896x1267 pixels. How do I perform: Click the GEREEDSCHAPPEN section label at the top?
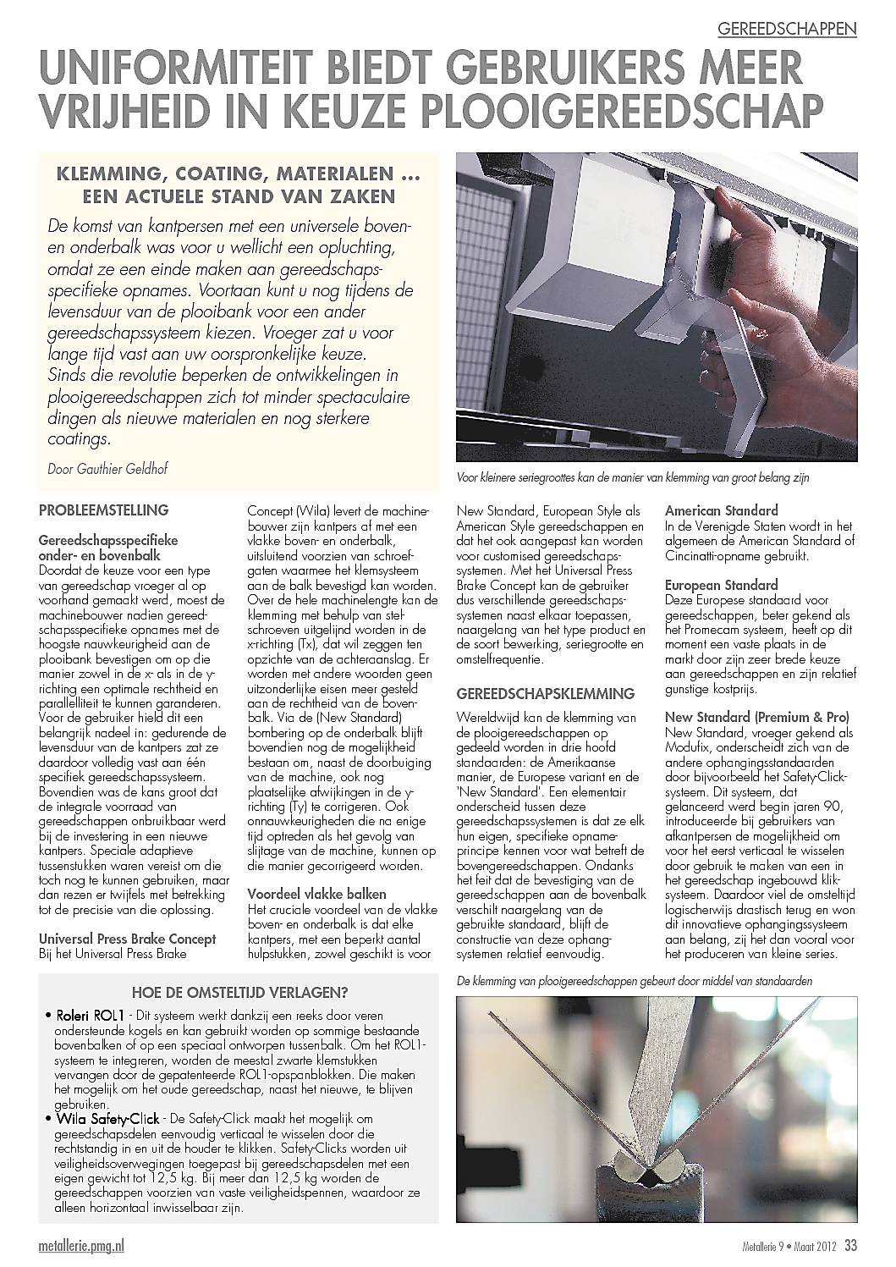(x=787, y=29)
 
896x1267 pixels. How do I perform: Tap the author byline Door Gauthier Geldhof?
(x=107, y=468)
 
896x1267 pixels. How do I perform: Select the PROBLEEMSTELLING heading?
(x=104, y=510)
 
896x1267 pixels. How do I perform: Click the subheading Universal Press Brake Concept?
(x=128, y=939)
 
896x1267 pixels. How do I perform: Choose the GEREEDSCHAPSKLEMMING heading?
(x=545, y=693)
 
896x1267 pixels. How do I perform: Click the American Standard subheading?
(x=722, y=510)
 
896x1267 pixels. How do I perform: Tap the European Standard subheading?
(x=722, y=585)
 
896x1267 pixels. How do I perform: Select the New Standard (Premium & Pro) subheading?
(x=757, y=717)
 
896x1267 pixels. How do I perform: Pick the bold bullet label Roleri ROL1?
(x=91, y=1015)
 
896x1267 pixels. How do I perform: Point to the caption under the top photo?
(x=633, y=477)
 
